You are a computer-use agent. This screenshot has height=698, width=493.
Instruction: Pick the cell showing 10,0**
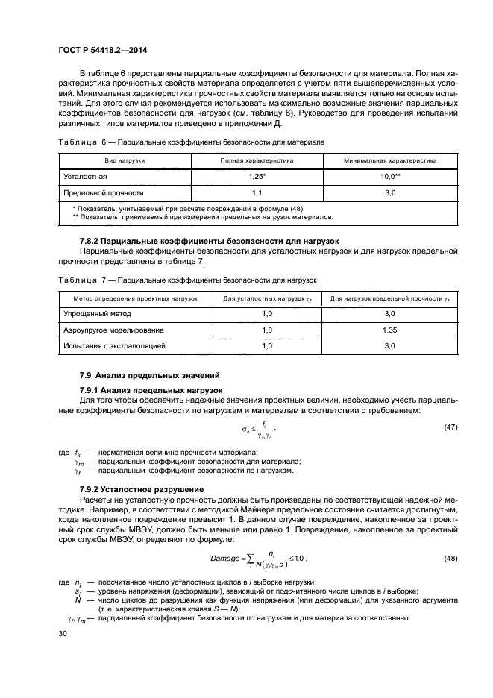(390, 177)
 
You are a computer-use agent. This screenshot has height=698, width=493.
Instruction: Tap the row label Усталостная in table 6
(85, 177)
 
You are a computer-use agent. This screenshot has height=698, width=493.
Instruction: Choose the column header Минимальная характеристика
(390, 160)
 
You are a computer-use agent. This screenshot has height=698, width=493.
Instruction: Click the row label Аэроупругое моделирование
(113, 330)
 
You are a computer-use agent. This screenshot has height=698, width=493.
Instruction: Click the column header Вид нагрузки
(125, 160)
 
